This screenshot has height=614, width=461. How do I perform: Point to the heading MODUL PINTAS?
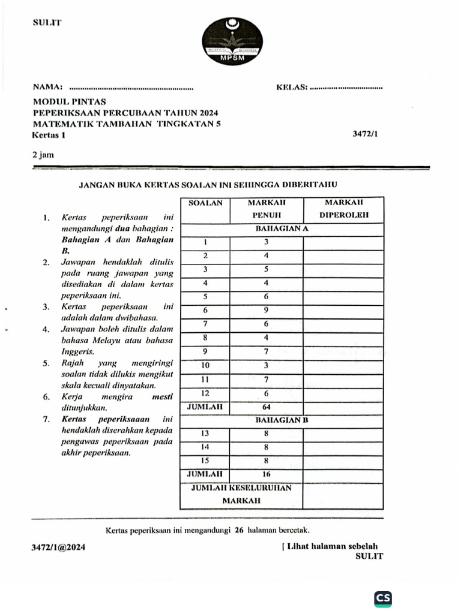69,102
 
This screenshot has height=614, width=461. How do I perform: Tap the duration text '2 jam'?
43,154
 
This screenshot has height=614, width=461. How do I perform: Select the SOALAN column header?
205,203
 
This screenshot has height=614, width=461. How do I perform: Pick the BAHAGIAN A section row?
282,228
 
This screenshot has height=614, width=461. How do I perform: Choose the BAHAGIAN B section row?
282,420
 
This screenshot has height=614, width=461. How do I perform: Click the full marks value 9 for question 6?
266,311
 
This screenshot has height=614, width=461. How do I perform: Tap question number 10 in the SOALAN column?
205,365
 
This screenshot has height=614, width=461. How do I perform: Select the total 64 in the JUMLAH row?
266,407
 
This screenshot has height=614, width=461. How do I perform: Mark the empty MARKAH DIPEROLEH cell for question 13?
342,434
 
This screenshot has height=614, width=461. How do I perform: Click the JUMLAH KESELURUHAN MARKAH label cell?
241,494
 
